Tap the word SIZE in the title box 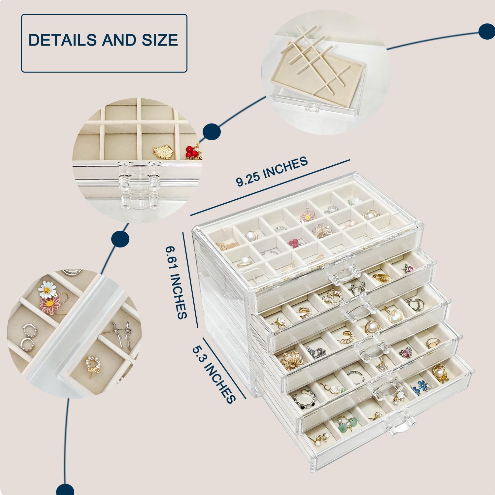point(160,40)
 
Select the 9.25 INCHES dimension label point(272,171)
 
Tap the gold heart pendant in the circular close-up point(164,152)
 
